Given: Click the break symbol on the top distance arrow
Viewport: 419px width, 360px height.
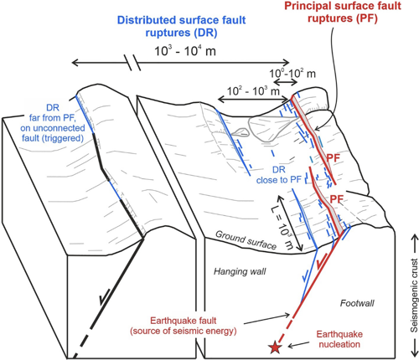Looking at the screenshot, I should (130, 63).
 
